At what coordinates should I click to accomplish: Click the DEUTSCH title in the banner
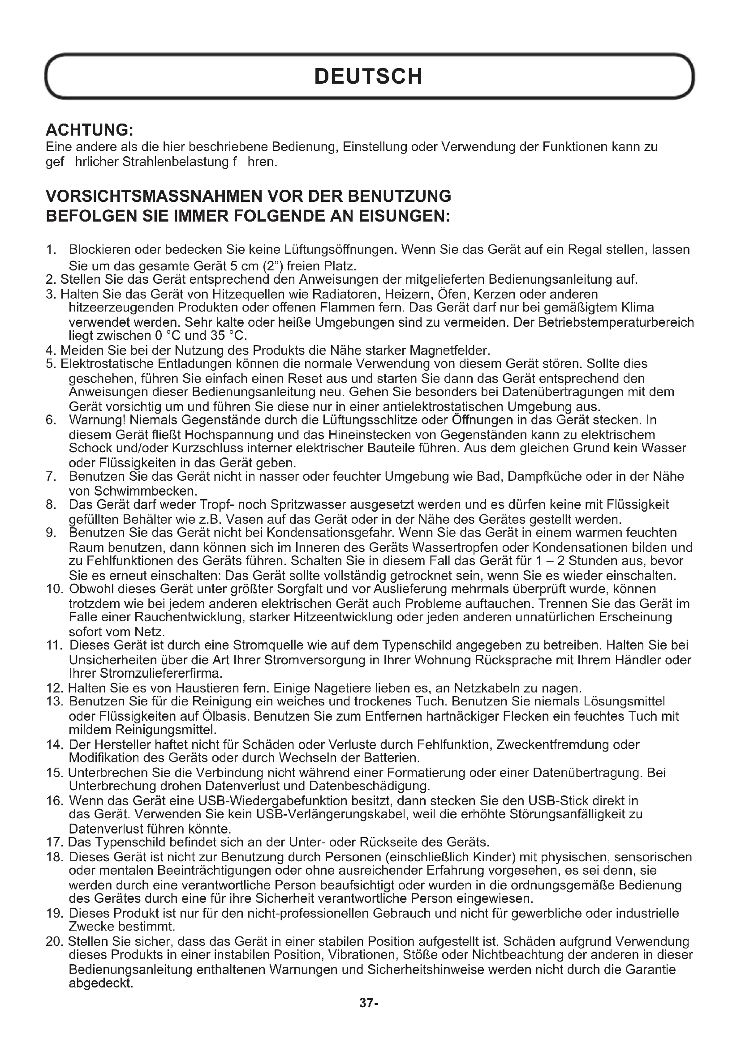tap(369, 77)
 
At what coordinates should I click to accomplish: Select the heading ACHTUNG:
tap(90, 130)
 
